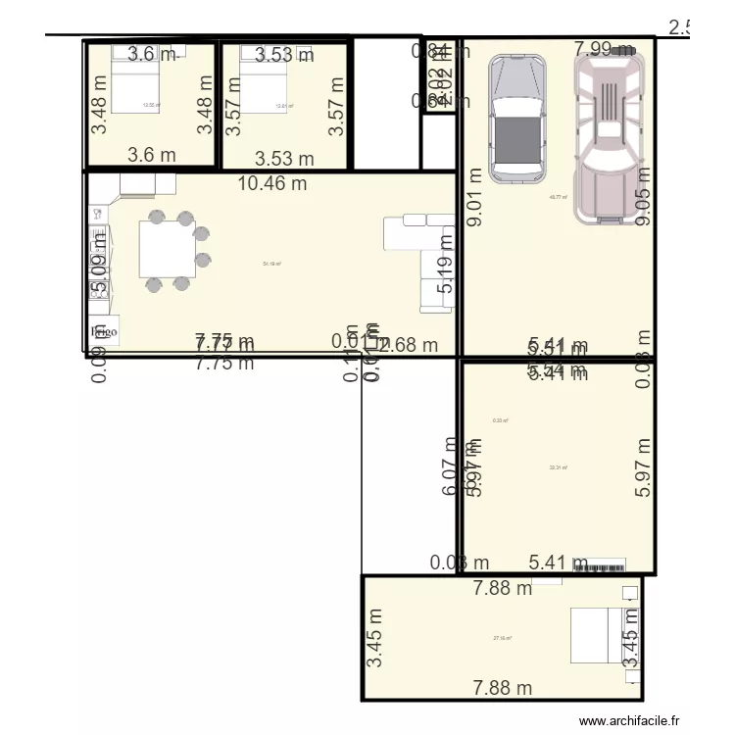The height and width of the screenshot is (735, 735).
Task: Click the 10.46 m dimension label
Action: [x=271, y=181]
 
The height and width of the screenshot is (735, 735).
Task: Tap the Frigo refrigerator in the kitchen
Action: [x=104, y=331]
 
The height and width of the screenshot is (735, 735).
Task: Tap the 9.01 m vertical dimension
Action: [x=475, y=197]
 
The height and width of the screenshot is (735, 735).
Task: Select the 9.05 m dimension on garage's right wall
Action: [x=643, y=196]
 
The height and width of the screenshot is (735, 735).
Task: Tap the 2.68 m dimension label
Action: [x=409, y=344]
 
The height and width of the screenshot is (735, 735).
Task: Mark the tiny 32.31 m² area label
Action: [x=558, y=467]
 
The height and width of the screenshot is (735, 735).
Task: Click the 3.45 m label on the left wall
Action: [x=375, y=637]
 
